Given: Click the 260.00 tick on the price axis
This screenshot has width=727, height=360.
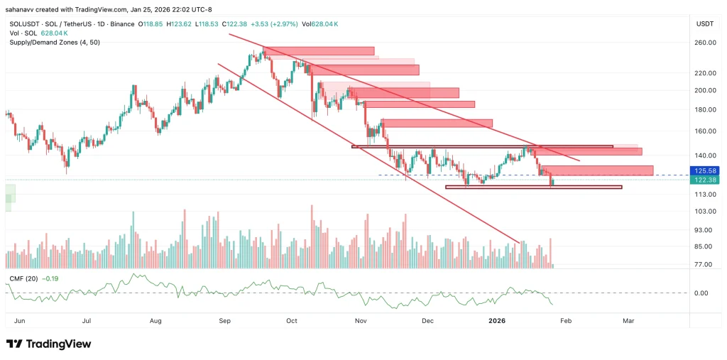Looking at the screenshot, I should tap(705, 43).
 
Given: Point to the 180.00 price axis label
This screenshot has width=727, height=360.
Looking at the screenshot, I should tap(705, 109).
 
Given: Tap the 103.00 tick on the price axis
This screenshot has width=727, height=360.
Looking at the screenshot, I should tap(705, 212).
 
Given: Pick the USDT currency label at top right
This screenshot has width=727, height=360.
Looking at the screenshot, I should tap(704, 24).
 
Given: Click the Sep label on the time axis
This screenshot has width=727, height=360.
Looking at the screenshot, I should tap(225, 321).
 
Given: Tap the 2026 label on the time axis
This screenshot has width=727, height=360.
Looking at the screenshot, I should tap(496, 321).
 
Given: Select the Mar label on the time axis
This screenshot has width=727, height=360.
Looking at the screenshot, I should tap(628, 321).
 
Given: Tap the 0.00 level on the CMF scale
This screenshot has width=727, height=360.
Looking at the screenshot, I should tap(701, 293).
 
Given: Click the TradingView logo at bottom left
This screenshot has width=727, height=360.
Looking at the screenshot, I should tap(48, 344).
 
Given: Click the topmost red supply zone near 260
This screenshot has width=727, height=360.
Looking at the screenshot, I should tap(319, 50).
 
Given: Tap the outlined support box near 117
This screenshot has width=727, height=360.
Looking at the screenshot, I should tap(533, 187).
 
